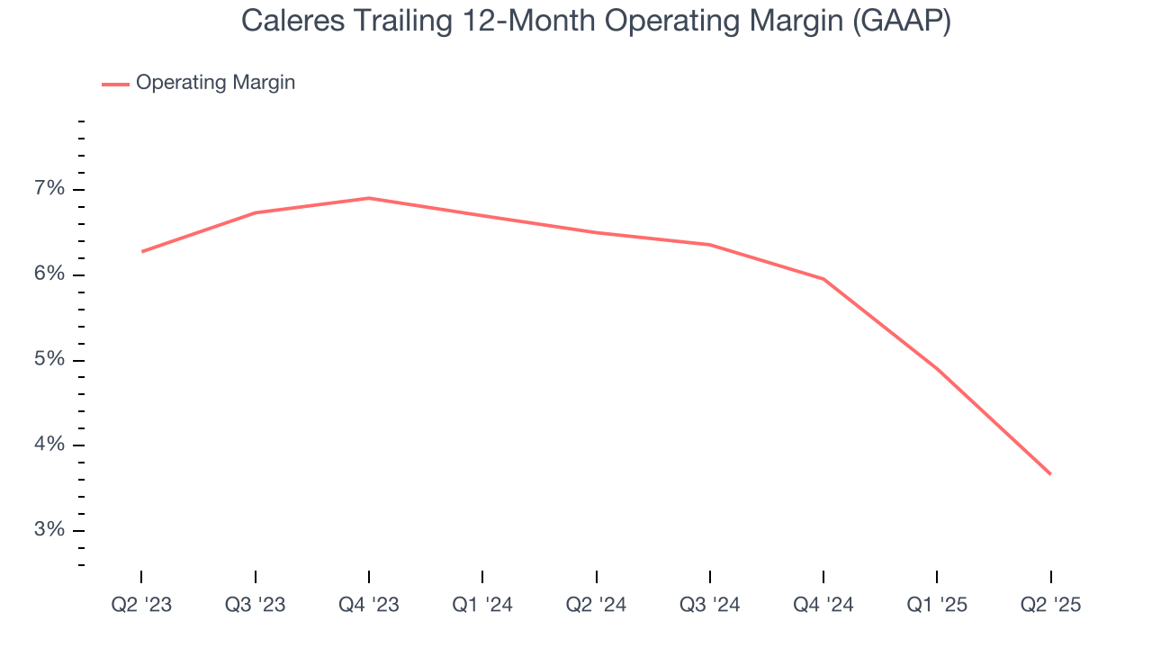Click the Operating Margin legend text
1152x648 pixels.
[215, 83]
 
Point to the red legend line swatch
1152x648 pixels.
[115, 84]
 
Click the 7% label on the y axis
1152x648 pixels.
[49, 189]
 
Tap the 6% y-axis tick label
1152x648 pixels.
[49, 274]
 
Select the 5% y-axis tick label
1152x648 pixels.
[49, 360]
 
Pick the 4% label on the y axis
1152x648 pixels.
[49, 445]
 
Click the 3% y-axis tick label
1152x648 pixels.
[49, 530]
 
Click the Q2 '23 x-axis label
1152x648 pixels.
[141, 605]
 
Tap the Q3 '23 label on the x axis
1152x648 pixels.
[255, 605]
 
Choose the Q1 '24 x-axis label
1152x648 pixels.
[482, 605]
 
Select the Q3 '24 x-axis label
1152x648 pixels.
[710, 605]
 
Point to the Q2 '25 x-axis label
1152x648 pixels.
[1050, 605]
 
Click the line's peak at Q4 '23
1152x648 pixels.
[369, 198]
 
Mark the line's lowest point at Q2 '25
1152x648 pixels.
[1050, 474]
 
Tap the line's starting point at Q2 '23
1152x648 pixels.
[141, 251]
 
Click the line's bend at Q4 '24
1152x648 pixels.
[823, 279]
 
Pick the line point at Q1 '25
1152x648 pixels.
[937, 369]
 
